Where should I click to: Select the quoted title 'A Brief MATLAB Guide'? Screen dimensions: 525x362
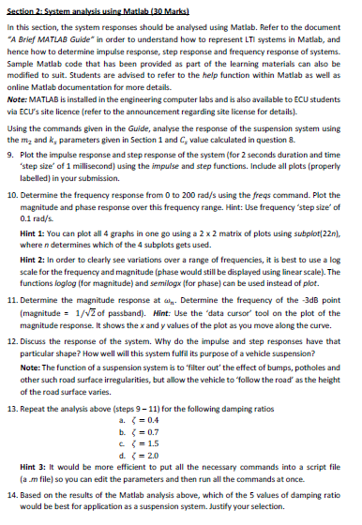[x=56, y=40]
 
